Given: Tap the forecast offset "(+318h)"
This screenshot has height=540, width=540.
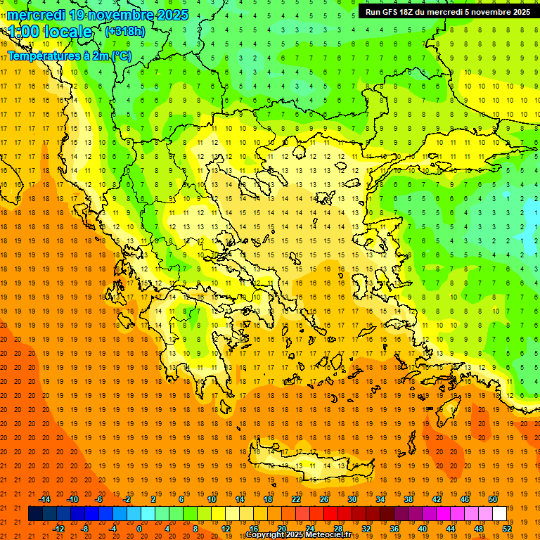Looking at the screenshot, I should coord(124,31).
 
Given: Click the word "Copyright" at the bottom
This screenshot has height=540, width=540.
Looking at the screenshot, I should coord(265,534).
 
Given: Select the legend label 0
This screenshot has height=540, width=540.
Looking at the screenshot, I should coord(139,529).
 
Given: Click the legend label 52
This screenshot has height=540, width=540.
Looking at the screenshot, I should coord(507,529).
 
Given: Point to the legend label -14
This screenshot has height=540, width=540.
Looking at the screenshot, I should coord(44,499).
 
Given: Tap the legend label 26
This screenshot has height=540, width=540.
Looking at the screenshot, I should coord(324,499).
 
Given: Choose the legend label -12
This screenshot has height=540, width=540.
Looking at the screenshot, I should coord(58,529).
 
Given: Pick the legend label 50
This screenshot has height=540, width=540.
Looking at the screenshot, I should coord(493,499).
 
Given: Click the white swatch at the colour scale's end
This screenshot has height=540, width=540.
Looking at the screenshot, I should coord(500,514).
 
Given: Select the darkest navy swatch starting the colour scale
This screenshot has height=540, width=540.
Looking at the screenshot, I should coord(35,514).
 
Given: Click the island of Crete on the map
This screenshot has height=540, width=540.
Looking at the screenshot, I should coord(309,464).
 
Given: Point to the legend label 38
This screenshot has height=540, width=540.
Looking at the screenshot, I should coord(409,499).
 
